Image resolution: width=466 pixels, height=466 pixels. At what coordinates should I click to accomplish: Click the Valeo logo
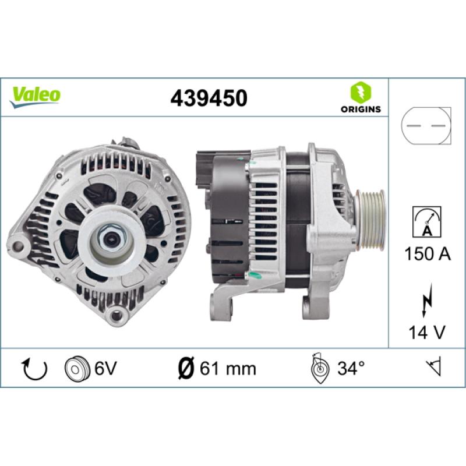coord(35,94)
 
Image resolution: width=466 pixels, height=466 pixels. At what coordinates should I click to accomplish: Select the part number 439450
coord(209,98)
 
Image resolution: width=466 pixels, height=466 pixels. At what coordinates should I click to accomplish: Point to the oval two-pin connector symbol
coord(427,125)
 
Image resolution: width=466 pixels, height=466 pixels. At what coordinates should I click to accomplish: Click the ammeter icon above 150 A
coord(427,221)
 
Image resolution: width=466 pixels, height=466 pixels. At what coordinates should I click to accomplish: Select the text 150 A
coord(427,253)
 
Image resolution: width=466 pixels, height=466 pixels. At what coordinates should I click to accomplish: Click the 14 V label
coord(427,333)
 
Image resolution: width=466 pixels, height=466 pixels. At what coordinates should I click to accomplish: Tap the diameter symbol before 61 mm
coord(184,368)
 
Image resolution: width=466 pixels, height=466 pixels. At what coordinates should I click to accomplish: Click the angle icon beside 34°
coord(319,368)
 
